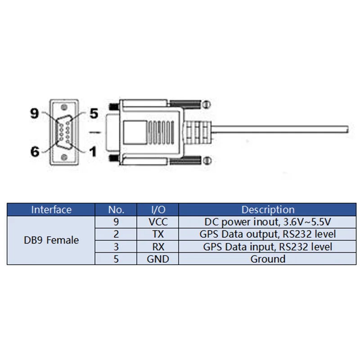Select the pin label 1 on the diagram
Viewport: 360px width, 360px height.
[92, 152]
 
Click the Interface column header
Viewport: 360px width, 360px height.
[51, 210]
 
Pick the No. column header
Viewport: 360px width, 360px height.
[116, 210]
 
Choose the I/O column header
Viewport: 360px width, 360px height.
[158, 210]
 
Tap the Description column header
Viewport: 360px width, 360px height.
[268, 210]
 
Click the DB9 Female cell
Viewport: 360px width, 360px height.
[51, 240]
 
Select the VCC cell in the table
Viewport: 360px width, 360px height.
[158, 222]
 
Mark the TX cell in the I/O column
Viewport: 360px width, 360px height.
[158, 234]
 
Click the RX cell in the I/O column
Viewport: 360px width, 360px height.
[158, 247]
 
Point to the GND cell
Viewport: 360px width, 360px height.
[158, 259]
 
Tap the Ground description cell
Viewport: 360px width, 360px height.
[268, 259]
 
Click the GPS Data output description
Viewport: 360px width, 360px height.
[268, 234]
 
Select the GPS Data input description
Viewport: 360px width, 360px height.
[268, 247]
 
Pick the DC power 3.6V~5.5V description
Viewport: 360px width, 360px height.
[268, 222]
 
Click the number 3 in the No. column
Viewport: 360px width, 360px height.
[116, 247]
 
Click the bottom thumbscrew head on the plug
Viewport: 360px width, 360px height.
[206, 159]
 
